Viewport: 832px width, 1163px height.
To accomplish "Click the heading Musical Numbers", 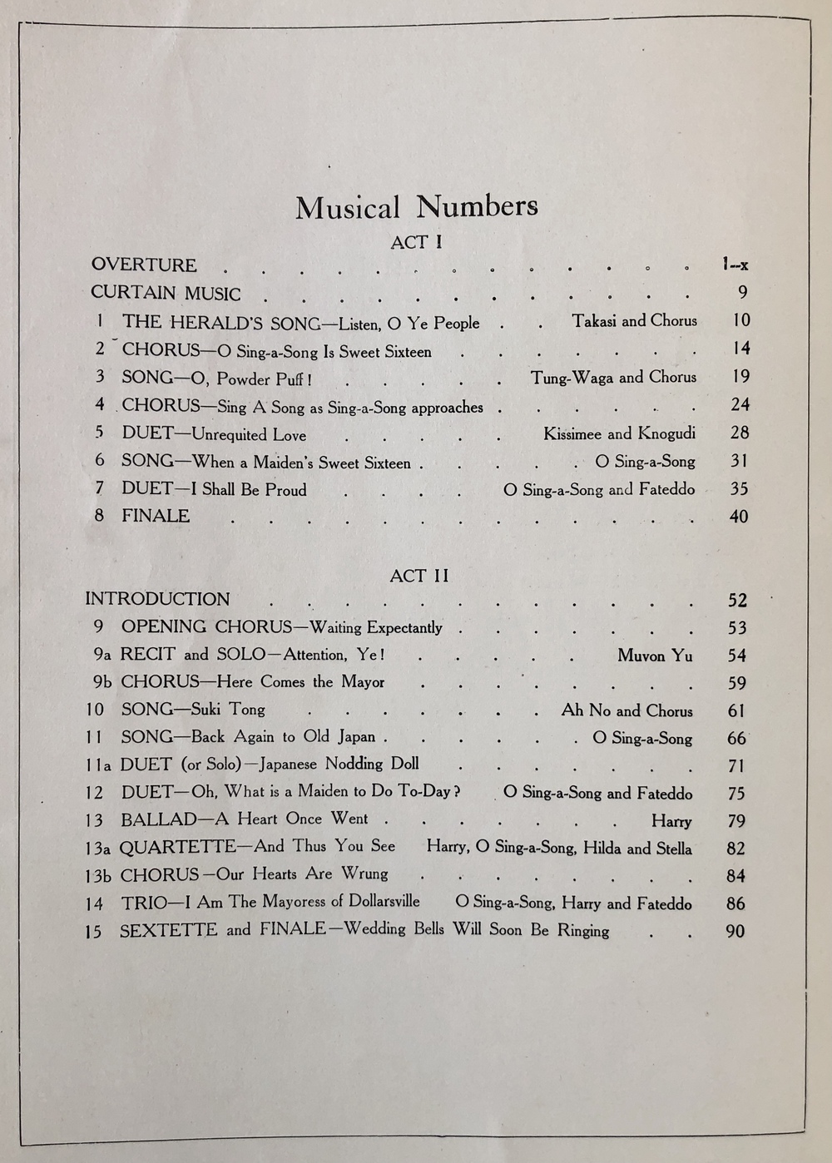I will coord(416,207).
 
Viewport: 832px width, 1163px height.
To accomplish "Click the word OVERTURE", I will coord(144,265).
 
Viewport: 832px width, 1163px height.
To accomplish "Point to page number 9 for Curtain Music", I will coord(742,292).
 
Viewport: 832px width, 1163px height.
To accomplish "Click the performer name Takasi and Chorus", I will coord(634,321).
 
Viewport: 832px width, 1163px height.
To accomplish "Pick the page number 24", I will coord(740,405).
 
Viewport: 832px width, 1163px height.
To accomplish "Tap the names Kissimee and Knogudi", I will coord(619,433).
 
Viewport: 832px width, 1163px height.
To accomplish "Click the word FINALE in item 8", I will coord(156,516).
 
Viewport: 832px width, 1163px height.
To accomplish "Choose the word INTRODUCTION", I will coord(157,599).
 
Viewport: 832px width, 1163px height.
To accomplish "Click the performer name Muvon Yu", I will coord(654,656).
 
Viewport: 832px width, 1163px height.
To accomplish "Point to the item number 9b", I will coord(102,682).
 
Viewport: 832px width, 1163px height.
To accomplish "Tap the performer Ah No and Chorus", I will coord(626,710).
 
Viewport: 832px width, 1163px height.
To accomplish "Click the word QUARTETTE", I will coord(178,847).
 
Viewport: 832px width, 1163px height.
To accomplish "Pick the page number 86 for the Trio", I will coord(735,903).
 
